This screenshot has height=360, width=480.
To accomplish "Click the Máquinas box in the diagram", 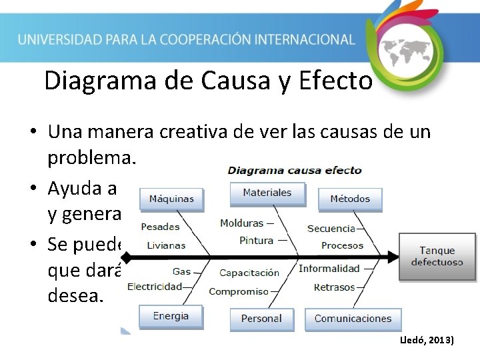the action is (171, 199).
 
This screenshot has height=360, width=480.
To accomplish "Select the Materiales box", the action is (267, 193).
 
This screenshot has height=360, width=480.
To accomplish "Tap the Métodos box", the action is (349, 199).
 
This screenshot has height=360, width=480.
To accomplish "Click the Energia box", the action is (171, 316).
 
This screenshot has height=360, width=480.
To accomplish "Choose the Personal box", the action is (261, 319).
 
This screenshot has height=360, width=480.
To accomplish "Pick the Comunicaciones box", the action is (353, 319).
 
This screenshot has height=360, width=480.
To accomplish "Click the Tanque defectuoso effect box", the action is (437, 256).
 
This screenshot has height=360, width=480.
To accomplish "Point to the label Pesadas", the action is (160, 227).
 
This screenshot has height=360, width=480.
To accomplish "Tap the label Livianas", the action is (166, 245).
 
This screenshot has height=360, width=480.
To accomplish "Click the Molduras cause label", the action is (241, 223).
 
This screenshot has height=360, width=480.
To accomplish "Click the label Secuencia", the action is (331, 229).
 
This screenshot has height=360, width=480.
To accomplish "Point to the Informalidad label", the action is (329, 269).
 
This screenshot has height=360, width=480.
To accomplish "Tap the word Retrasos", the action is (335, 287).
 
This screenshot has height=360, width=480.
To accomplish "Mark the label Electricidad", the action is (154, 287).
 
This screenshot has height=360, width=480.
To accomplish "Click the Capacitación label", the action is (249, 273).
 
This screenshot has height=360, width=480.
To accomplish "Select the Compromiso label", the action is (239, 291).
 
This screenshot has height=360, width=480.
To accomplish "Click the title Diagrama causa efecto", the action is (295, 170).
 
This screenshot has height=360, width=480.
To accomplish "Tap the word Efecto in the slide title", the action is (335, 81).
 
